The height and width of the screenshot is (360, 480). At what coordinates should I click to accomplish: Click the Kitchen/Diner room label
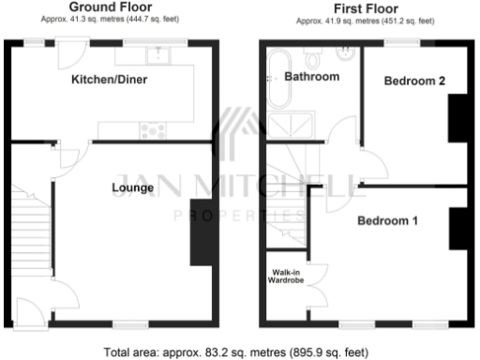coord(110,80)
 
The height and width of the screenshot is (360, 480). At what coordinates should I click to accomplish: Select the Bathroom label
coord(311,77)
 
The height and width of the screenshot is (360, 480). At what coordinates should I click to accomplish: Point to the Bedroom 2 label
coord(413,82)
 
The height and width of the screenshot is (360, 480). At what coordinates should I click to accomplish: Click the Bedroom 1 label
coord(386,221)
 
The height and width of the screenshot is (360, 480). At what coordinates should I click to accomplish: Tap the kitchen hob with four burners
coord(152,130)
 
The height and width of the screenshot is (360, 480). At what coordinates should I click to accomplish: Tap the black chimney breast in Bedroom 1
coord(457,228)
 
